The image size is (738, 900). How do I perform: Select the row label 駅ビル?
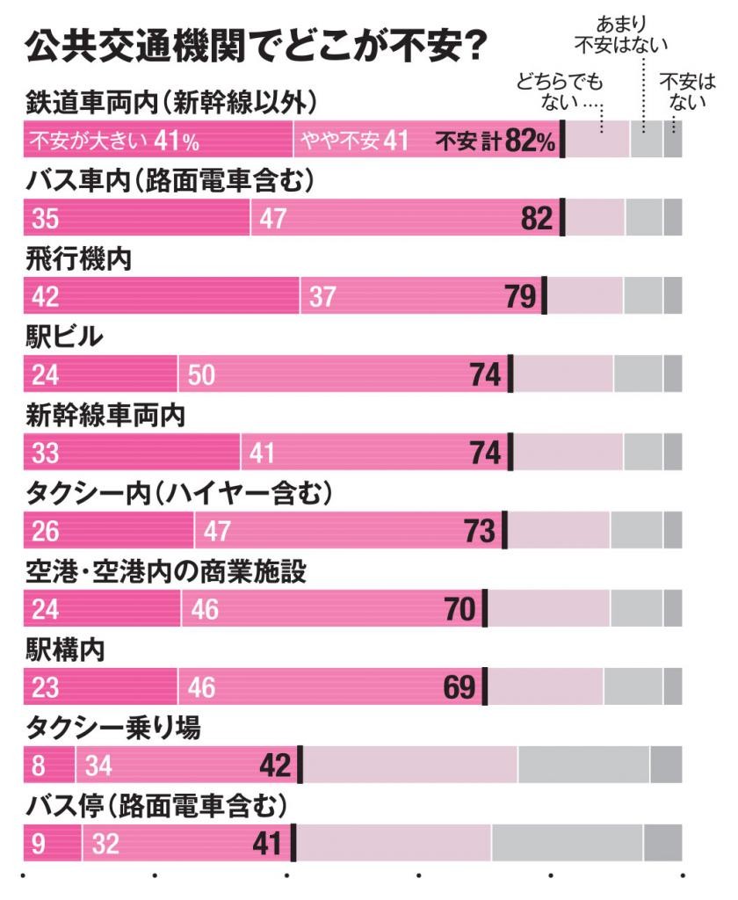(x=65, y=338)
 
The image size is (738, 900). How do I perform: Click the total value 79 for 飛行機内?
(x=519, y=297)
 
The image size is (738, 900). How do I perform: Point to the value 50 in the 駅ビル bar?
(x=201, y=375)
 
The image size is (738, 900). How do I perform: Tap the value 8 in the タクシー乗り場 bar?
(x=38, y=766)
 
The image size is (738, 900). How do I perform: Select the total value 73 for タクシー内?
(x=479, y=532)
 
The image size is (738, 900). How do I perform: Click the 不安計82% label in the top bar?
(x=496, y=142)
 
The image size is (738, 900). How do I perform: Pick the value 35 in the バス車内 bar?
(x=45, y=219)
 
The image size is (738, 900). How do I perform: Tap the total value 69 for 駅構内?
(x=459, y=687)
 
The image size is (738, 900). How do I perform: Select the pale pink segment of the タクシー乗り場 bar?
(x=409, y=766)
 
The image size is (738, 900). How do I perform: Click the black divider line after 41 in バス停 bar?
(x=293, y=844)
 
